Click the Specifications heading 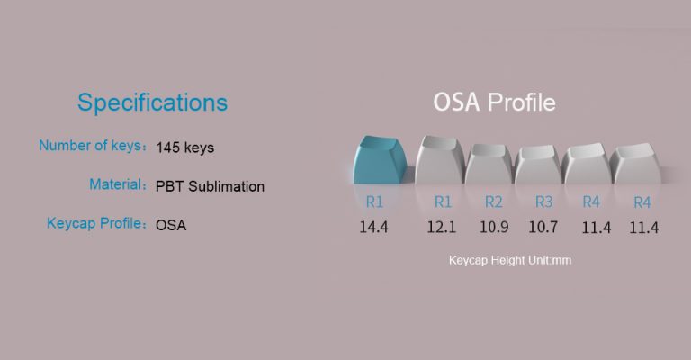click(152, 102)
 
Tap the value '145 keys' click(184, 147)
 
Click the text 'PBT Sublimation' click(210, 186)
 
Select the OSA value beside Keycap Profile click(171, 225)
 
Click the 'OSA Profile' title click(494, 102)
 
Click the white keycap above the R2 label click(489, 166)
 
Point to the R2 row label click(493, 202)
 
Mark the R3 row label click(543, 202)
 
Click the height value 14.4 click(373, 228)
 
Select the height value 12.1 click(443, 228)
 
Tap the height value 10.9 click(493, 228)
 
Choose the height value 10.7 click(543, 228)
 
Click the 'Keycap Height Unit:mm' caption click(510, 260)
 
